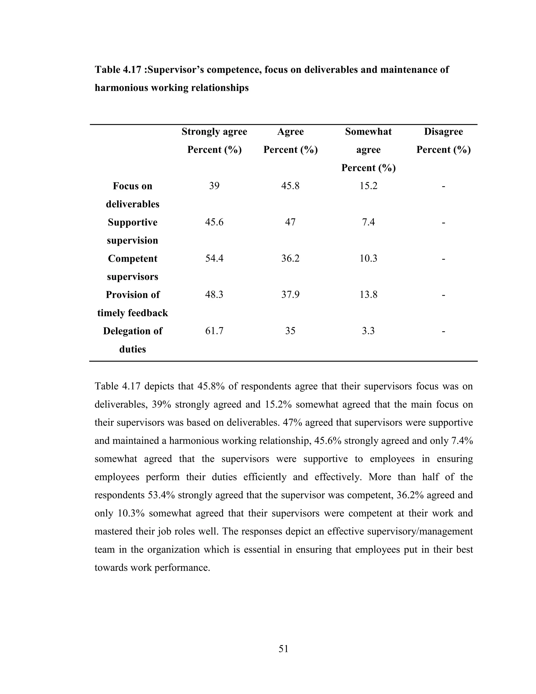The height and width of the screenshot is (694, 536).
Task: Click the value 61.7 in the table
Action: click(x=214, y=331)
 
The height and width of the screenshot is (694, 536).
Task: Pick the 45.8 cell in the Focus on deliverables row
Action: click(x=290, y=186)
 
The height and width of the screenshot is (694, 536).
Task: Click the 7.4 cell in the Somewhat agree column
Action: click(x=368, y=222)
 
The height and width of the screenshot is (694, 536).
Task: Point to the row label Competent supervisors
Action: click(x=132, y=267)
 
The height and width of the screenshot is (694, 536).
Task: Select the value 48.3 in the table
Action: click(x=214, y=295)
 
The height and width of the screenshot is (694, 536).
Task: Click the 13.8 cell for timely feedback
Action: click(x=368, y=295)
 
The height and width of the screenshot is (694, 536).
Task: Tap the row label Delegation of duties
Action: click(x=132, y=340)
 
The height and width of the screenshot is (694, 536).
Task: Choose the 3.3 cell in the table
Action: click(x=368, y=331)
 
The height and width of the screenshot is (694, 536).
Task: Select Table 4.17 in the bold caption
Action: click(x=118, y=70)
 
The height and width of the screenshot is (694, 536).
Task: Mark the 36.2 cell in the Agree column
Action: click(x=290, y=258)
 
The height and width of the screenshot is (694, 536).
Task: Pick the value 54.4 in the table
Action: click(x=214, y=258)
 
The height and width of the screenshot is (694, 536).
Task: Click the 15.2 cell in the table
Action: click(x=368, y=186)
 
